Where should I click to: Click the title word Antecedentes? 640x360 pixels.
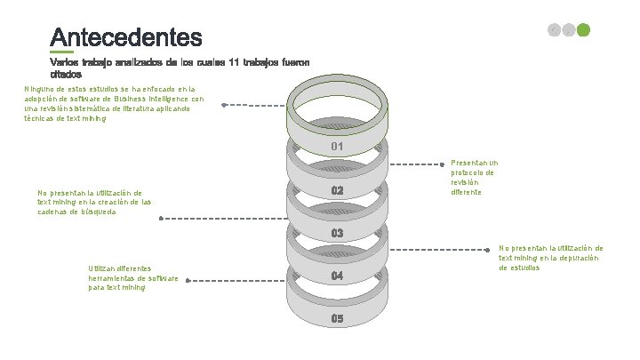[126, 38]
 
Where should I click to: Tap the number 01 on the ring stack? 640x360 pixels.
[338, 146]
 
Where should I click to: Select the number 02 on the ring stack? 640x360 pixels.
[338, 191]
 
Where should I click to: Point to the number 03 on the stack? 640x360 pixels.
[338, 233]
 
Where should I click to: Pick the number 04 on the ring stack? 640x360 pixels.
[338, 276]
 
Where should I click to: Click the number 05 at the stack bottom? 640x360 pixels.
[338, 318]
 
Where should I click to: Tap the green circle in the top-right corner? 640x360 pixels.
[584, 29]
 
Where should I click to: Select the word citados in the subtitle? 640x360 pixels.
[65, 75]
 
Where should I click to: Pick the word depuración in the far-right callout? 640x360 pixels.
[580, 258]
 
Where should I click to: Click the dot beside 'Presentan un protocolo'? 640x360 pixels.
[444, 164]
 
